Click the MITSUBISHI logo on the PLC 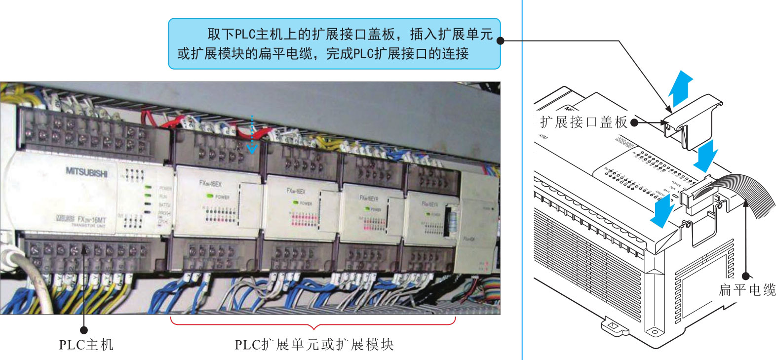pyautogui.click(x=86, y=172)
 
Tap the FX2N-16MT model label pyautogui.click(x=91, y=219)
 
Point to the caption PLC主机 pyautogui.click(x=86, y=344)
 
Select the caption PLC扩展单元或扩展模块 pyautogui.click(x=314, y=344)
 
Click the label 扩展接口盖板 pyautogui.click(x=583, y=122)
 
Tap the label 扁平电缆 pyautogui.click(x=747, y=290)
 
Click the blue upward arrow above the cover pyautogui.click(x=681, y=87)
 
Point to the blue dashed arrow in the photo pyautogui.click(x=252, y=134)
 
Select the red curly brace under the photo pyautogui.click(x=313, y=323)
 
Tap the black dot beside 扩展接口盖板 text pyautogui.click(x=634, y=122)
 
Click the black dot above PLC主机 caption pyautogui.click(x=84, y=330)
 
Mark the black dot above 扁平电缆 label pyautogui.click(x=746, y=276)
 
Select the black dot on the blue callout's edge pyautogui.click(x=500, y=40)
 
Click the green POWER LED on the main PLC pyautogui.click(x=148, y=188)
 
